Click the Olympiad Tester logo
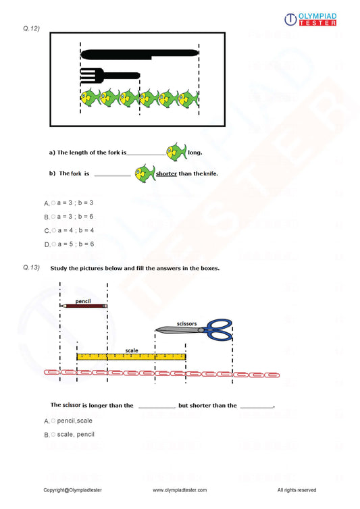pos(311,20)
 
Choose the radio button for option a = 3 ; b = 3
pos(53,203)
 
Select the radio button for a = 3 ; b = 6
pos(53,217)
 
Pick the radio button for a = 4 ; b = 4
pos(53,230)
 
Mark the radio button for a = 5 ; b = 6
pos(53,244)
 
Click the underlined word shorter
pos(166,173)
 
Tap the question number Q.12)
pos(32,28)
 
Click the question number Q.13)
pos(32,268)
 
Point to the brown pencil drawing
pos(84,306)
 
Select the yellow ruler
pos(131,356)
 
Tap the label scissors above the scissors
pos(186,323)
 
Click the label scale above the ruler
pos(132,350)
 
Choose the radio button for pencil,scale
pos(53,421)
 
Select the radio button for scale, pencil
pos(53,434)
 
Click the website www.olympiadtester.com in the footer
pos(180,490)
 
